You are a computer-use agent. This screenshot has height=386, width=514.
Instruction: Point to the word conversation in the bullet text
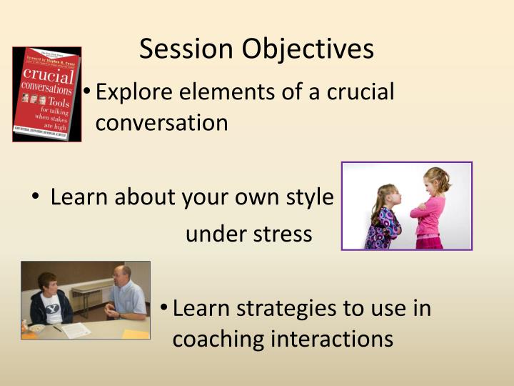(161, 123)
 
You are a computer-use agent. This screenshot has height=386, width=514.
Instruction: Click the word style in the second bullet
(310, 197)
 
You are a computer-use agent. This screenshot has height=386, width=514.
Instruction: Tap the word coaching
(218, 339)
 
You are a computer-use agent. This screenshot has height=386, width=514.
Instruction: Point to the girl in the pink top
(431, 211)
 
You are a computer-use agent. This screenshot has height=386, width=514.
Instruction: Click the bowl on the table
(36, 328)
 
